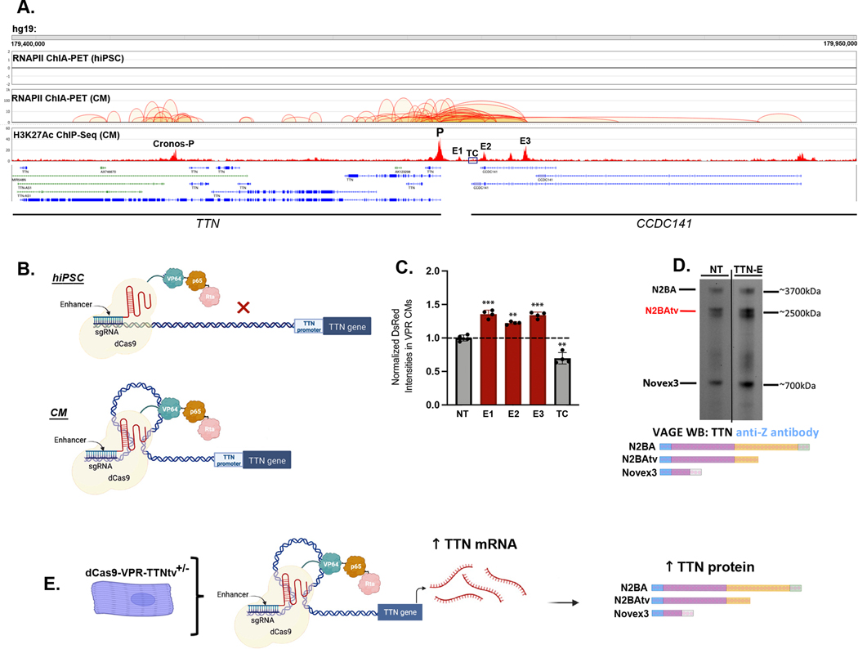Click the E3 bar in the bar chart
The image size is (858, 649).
(537, 360)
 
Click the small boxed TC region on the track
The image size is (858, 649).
(472, 160)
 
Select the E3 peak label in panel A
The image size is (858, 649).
(525, 141)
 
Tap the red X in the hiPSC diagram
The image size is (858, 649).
(242, 308)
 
